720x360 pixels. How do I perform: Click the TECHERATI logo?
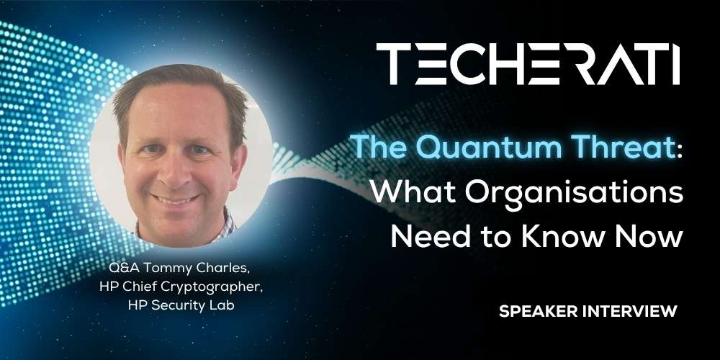point(528,64)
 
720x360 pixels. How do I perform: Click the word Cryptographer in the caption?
point(214,287)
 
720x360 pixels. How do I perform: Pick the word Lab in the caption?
point(224,305)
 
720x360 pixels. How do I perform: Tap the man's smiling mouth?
point(176,199)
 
